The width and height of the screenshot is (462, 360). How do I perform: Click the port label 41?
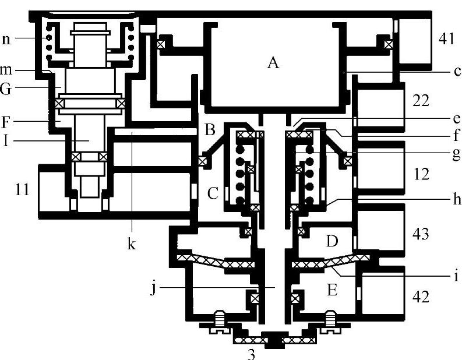pyautogui.click(x=446, y=38)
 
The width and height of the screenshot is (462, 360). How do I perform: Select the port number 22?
pyautogui.click(x=421, y=101)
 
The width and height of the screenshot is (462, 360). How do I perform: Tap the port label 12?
pyautogui.click(x=421, y=174)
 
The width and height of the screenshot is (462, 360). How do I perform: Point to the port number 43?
pyautogui.click(x=421, y=234)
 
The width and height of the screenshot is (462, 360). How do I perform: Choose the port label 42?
pyautogui.click(x=421, y=297)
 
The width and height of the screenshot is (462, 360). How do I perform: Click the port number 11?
pyautogui.click(x=22, y=189)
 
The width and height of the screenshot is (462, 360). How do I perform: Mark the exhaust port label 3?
pyautogui.click(x=251, y=355)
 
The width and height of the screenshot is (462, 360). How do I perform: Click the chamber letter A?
pyautogui.click(x=273, y=63)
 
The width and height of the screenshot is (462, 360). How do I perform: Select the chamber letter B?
pyautogui.click(x=210, y=129)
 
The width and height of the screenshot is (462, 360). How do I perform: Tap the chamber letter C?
pyautogui.click(x=213, y=193)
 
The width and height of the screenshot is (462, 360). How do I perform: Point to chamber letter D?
pyautogui.click(x=332, y=241)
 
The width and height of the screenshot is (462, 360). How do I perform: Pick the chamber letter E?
pyautogui.click(x=332, y=290)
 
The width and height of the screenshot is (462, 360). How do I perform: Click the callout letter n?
pyautogui.click(x=6, y=38)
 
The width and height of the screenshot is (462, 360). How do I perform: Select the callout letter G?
pyautogui.click(x=6, y=88)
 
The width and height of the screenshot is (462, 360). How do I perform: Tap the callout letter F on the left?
pyautogui.click(x=5, y=122)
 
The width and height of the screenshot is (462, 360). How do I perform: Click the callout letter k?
pyautogui.click(x=132, y=244)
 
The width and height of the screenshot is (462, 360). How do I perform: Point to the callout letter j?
pyautogui.click(x=153, y=288)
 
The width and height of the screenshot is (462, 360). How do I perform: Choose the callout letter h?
pyautogui.click(x=457, y=199)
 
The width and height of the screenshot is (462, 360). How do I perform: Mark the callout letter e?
pyautogui.click(x=456, y=119)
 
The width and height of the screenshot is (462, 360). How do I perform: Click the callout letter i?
pyautogui.click(x=456, y=276)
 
